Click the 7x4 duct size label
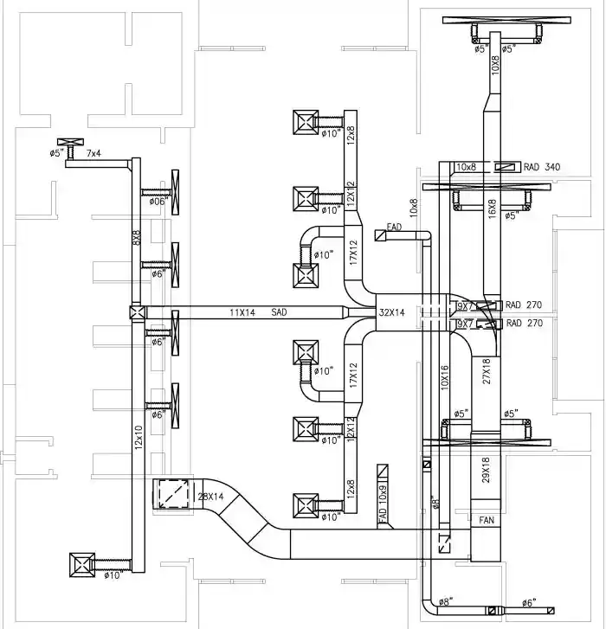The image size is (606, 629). point(93,153)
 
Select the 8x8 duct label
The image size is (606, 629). point(136,237)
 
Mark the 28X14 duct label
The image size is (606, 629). point(210,497)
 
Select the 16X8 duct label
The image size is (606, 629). point(492,209)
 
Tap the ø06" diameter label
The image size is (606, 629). point(157,201)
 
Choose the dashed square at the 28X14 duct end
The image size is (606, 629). point(170,495)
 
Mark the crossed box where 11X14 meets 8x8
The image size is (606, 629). point(136,313)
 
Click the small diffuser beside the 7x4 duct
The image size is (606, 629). point(68,142)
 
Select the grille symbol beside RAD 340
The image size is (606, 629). point(505,166)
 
